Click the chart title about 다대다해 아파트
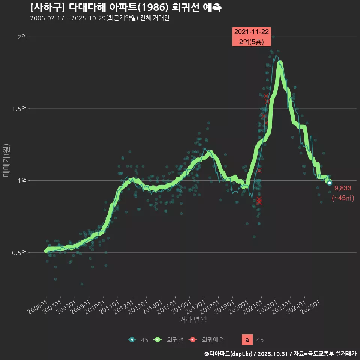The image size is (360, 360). click(x=126, y=7)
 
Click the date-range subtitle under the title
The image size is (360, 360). click(x=99, y=18)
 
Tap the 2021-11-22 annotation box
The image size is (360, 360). click(x=252, y=37)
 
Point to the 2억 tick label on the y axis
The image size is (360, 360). click(x=22, y=37)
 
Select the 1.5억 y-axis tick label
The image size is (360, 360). click(x=19, y=109)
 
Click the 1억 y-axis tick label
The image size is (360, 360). click(x=22, y=180)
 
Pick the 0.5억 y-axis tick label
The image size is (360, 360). click(x=19, y=252)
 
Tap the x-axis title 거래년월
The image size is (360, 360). click(x=193, y=319)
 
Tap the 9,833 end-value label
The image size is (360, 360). click(x=342, y=188)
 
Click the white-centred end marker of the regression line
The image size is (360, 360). click(x=330, y=183)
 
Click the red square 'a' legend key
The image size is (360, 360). click(x=247, y=340)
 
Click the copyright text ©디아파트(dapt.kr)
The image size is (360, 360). click(x=229, y=353)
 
